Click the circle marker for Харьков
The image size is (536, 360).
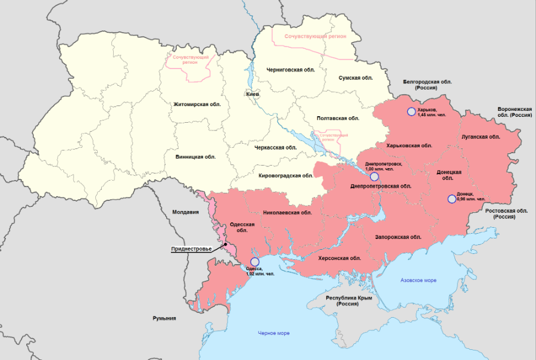click(411, 111)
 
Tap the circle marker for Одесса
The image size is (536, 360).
click(255, 262)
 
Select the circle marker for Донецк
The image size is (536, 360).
click(451, 199)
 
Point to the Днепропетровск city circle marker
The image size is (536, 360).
click(374, 176)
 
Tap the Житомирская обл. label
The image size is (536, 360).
click(197, 104)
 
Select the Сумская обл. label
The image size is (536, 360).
click(356, 78)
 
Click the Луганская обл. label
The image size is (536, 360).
click(481, 136)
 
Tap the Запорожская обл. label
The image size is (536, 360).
click(398, 237)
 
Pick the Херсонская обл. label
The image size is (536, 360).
click(339, 258)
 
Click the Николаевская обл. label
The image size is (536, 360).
click(288, 212)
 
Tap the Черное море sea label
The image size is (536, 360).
click(274, 333)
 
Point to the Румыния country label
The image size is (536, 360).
click(164, 318)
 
